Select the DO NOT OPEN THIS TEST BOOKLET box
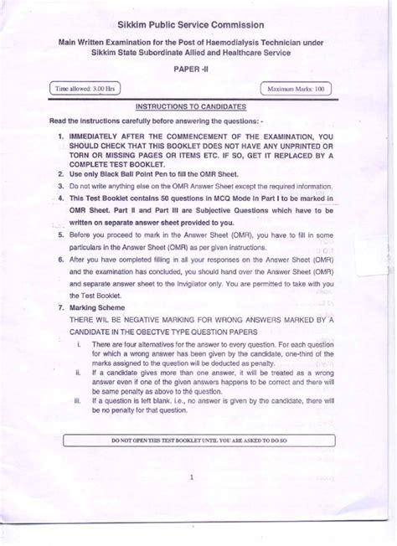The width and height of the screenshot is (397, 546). coord(199,440)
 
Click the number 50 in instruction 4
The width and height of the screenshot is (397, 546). coord(155,198)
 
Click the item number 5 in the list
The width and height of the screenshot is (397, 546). coord(61,236)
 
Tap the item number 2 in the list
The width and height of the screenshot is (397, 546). coord(61,173)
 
